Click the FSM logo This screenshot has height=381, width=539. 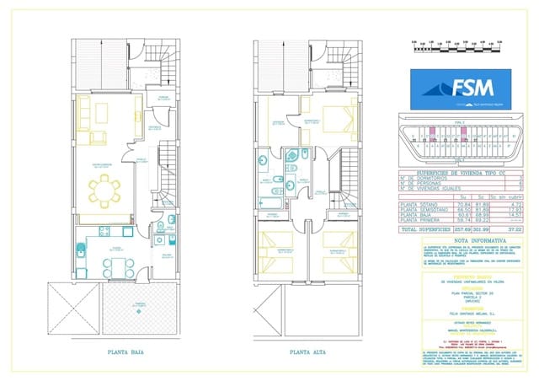tap(465, 89)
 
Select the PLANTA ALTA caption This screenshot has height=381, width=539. tap(307, 354)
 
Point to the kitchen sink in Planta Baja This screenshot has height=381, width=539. tap(79, 250)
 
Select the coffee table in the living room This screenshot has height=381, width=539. tap(102, 113)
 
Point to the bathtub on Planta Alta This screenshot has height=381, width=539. tap(270, 202)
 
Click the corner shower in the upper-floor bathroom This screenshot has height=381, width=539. tap(298, 156)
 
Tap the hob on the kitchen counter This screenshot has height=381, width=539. tap(105, 231)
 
